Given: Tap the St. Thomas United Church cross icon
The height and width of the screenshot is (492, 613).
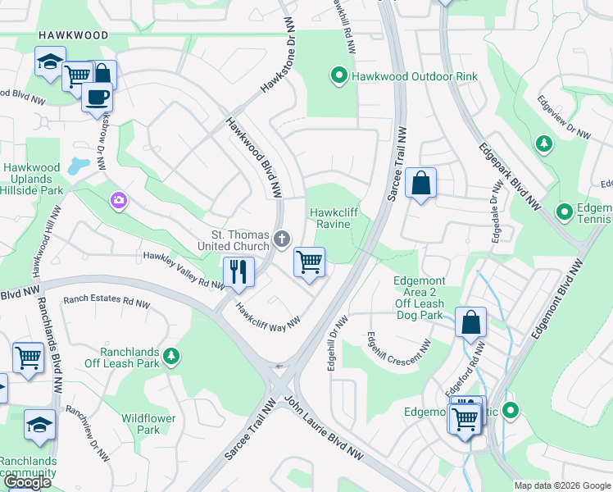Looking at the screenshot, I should pyautogui.click(x=281, y=239).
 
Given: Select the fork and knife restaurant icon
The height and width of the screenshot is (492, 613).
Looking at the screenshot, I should pyautogui.click(x=238, y=271).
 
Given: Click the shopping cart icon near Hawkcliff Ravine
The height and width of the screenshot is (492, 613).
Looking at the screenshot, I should pyautogui.click(x=309, y=262).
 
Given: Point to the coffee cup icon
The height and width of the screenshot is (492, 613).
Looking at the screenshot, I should pyautogui.click(x=97, y=96).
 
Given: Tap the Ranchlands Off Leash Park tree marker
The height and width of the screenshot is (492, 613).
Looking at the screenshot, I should pyautogui.click(x=171, y=356).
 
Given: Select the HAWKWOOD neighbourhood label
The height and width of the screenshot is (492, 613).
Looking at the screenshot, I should pyautogui.click(x=72, y=36).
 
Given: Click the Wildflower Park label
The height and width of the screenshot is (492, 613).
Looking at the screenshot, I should pyautogui.click(x=148, y=424).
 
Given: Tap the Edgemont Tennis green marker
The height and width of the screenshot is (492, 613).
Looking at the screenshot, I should pyautogui.click(x=564, y=212).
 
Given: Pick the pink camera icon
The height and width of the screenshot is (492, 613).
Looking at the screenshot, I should pyautogui.click(x=120, y=200).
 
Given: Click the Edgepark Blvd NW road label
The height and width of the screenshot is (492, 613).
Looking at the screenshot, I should pyautogui.click(x=508, y=167).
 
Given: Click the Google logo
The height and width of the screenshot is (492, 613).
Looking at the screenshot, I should pyautogui.click(x=28, y=482).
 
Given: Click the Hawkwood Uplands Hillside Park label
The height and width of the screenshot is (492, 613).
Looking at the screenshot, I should pyautogui.click(x=33, y=179).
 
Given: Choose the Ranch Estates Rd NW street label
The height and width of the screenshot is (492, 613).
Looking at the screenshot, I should pyautogui.click(x=106, y=303).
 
